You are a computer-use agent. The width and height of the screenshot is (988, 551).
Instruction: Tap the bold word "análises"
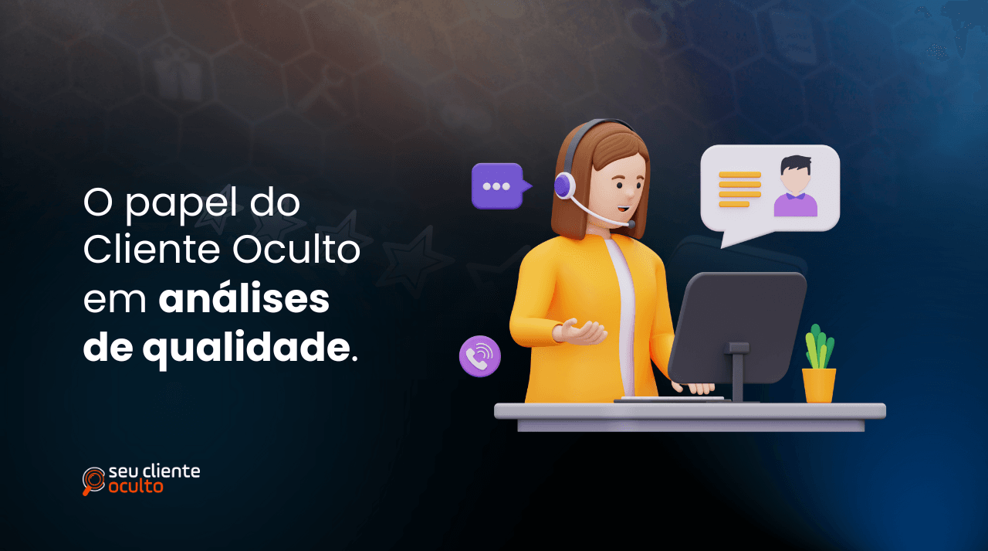click(x=244, y=300)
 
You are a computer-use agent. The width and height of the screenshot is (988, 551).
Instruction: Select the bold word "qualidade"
click(x=245, y=349)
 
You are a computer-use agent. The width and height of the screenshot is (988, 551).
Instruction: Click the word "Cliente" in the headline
click(x=151, y=251)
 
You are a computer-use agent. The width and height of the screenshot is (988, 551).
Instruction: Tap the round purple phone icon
click(x=480, y=356)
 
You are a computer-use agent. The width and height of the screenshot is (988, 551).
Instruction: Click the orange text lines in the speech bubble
click(x=739, y=189)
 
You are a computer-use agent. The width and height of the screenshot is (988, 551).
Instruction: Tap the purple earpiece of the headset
click(x=565, y=185)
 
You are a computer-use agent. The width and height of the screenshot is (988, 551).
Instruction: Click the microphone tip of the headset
click(x=631, y=224)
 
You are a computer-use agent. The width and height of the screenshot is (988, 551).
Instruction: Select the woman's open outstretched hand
click(x=583, y=332)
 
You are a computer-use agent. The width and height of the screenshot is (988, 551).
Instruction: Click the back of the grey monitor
click(x=737, y=325)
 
